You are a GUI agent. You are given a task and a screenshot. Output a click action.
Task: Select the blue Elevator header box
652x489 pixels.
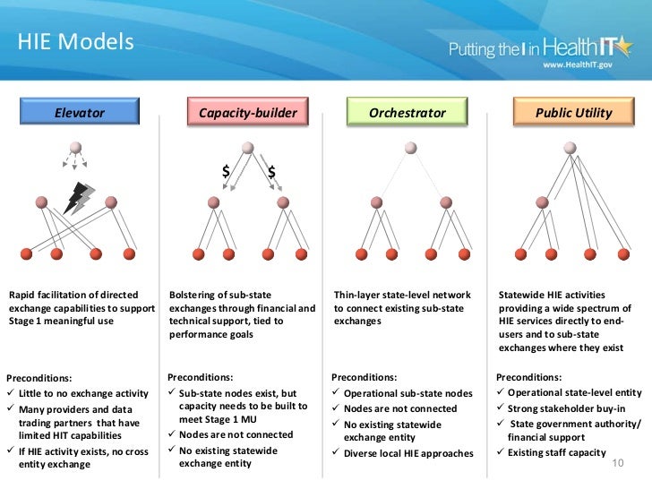(x=80, y=114)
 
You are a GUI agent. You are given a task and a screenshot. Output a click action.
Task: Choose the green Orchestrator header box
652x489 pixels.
(x=407, y=114)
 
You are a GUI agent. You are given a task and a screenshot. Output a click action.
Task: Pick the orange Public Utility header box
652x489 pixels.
(x=573, y=114)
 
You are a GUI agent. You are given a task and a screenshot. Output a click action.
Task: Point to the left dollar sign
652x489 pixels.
(x=227, y=171)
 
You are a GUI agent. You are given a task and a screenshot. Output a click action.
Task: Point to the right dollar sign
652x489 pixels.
(x=271, y=171)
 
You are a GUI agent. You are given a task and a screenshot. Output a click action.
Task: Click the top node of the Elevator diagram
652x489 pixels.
(x=76, y=147)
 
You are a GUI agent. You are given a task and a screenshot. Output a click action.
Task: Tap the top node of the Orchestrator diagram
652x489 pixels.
(x=409, y=147)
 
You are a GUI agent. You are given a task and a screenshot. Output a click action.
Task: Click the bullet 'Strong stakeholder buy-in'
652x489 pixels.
(x=560, y=408)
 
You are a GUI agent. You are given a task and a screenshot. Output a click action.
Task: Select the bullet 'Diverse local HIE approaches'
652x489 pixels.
(x=407, y=453)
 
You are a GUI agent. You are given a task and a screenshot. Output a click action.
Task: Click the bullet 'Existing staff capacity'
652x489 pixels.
(x=555, y=453)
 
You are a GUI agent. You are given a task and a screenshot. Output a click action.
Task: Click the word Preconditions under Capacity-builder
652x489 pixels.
(x=201, y=377)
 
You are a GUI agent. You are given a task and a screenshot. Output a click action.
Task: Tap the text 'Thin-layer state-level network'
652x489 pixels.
(x=402, y=294)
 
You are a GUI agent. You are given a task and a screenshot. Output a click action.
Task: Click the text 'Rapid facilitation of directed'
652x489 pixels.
(x=73, y=294)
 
